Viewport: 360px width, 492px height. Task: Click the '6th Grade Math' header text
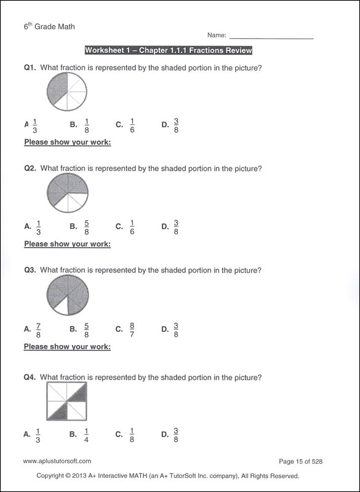click(x=49, y=27)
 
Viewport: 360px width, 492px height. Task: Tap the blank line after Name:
click(x=271, y=37)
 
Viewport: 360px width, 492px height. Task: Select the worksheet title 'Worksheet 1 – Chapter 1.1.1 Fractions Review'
click(x=168, y=50)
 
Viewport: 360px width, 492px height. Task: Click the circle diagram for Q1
click(x=66, y=92)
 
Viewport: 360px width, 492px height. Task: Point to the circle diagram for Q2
click(x=67, y=193)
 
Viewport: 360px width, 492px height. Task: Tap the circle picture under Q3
click(x=67, y=295)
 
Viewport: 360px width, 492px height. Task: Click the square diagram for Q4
click(x=66, y=402)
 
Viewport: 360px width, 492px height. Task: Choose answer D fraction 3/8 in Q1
click(x=176, y=125)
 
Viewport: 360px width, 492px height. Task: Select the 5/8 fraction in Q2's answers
click(x=86, y=226)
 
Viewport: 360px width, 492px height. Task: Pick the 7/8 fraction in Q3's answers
click(x=38, y=330)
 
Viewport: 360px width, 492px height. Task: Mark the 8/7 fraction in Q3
click(x=132, y=330)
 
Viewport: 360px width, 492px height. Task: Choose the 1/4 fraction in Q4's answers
click(x=86, y=435)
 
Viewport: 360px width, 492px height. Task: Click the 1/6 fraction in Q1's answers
click(x=132, y=125)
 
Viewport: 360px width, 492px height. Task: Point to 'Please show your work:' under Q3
click(x=67, y=347)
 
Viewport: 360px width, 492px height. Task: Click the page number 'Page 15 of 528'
click(x=301, y=461)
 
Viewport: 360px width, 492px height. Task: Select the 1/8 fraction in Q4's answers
click(x=132, y=435)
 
